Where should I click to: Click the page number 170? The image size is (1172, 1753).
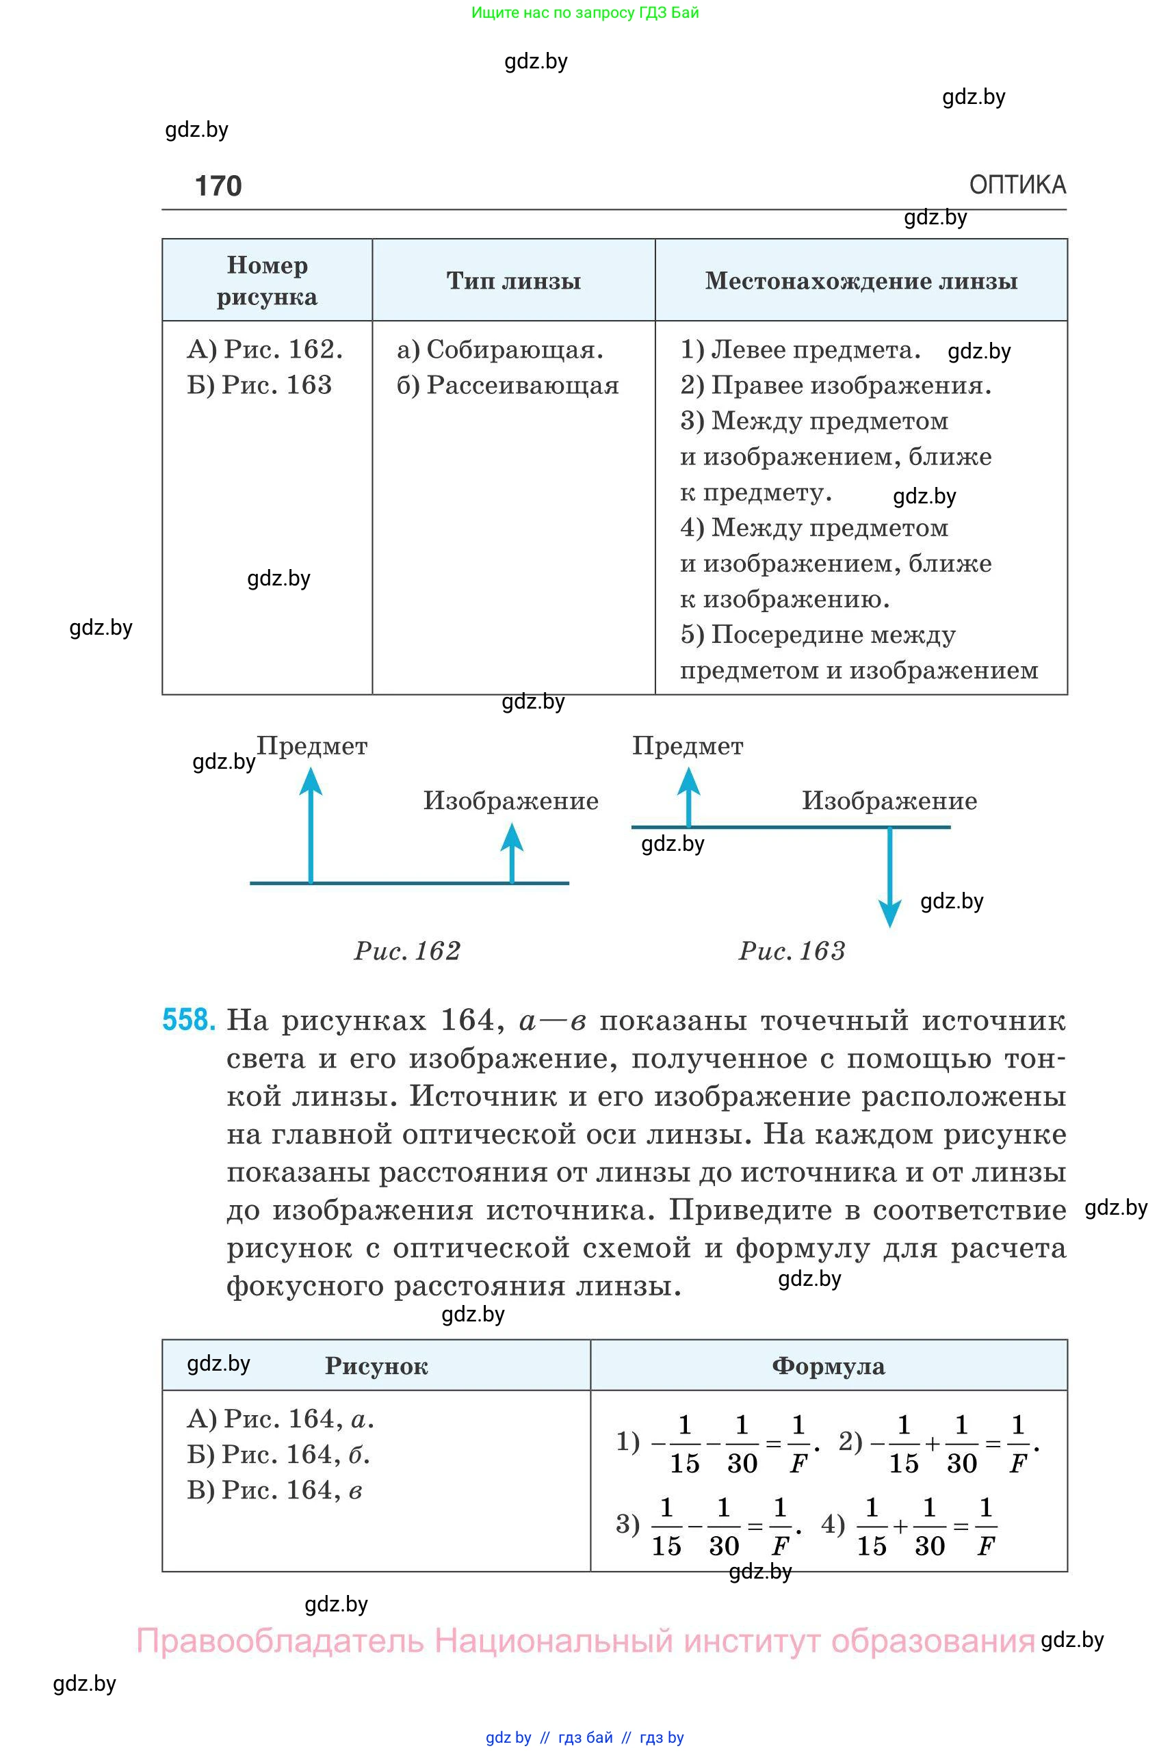(x=218, y=185)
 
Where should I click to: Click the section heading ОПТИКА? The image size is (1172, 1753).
(x=1017, y=185)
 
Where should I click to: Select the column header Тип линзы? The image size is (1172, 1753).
(x=514, y=281)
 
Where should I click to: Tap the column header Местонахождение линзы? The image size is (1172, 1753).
(x=861, y=281)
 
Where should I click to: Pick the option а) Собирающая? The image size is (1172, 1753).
(x=500, y=350)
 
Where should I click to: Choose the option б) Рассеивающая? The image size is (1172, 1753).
(x=508, y=386)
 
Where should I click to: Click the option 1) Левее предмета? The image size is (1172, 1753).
(x=800, y=350)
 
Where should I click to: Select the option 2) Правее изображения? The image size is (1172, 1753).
(x=835, y=386)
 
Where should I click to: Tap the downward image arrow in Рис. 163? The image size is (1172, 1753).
(x=889, y=878)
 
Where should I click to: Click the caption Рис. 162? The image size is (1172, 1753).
(x=407, y=951)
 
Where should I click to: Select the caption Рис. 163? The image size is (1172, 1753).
(x=792, y=951)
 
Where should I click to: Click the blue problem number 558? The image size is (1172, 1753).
(x=189, y=1020)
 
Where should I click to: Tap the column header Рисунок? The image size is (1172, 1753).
(x=376, y=1366)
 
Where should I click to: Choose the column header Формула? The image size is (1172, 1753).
(x=828, y=1366)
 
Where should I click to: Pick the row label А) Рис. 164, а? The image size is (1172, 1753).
(x=281, y=1419)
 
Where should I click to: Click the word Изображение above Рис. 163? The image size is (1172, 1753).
(x=889, y=801)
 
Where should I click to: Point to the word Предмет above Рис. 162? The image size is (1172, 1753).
(x=312, y=746)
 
